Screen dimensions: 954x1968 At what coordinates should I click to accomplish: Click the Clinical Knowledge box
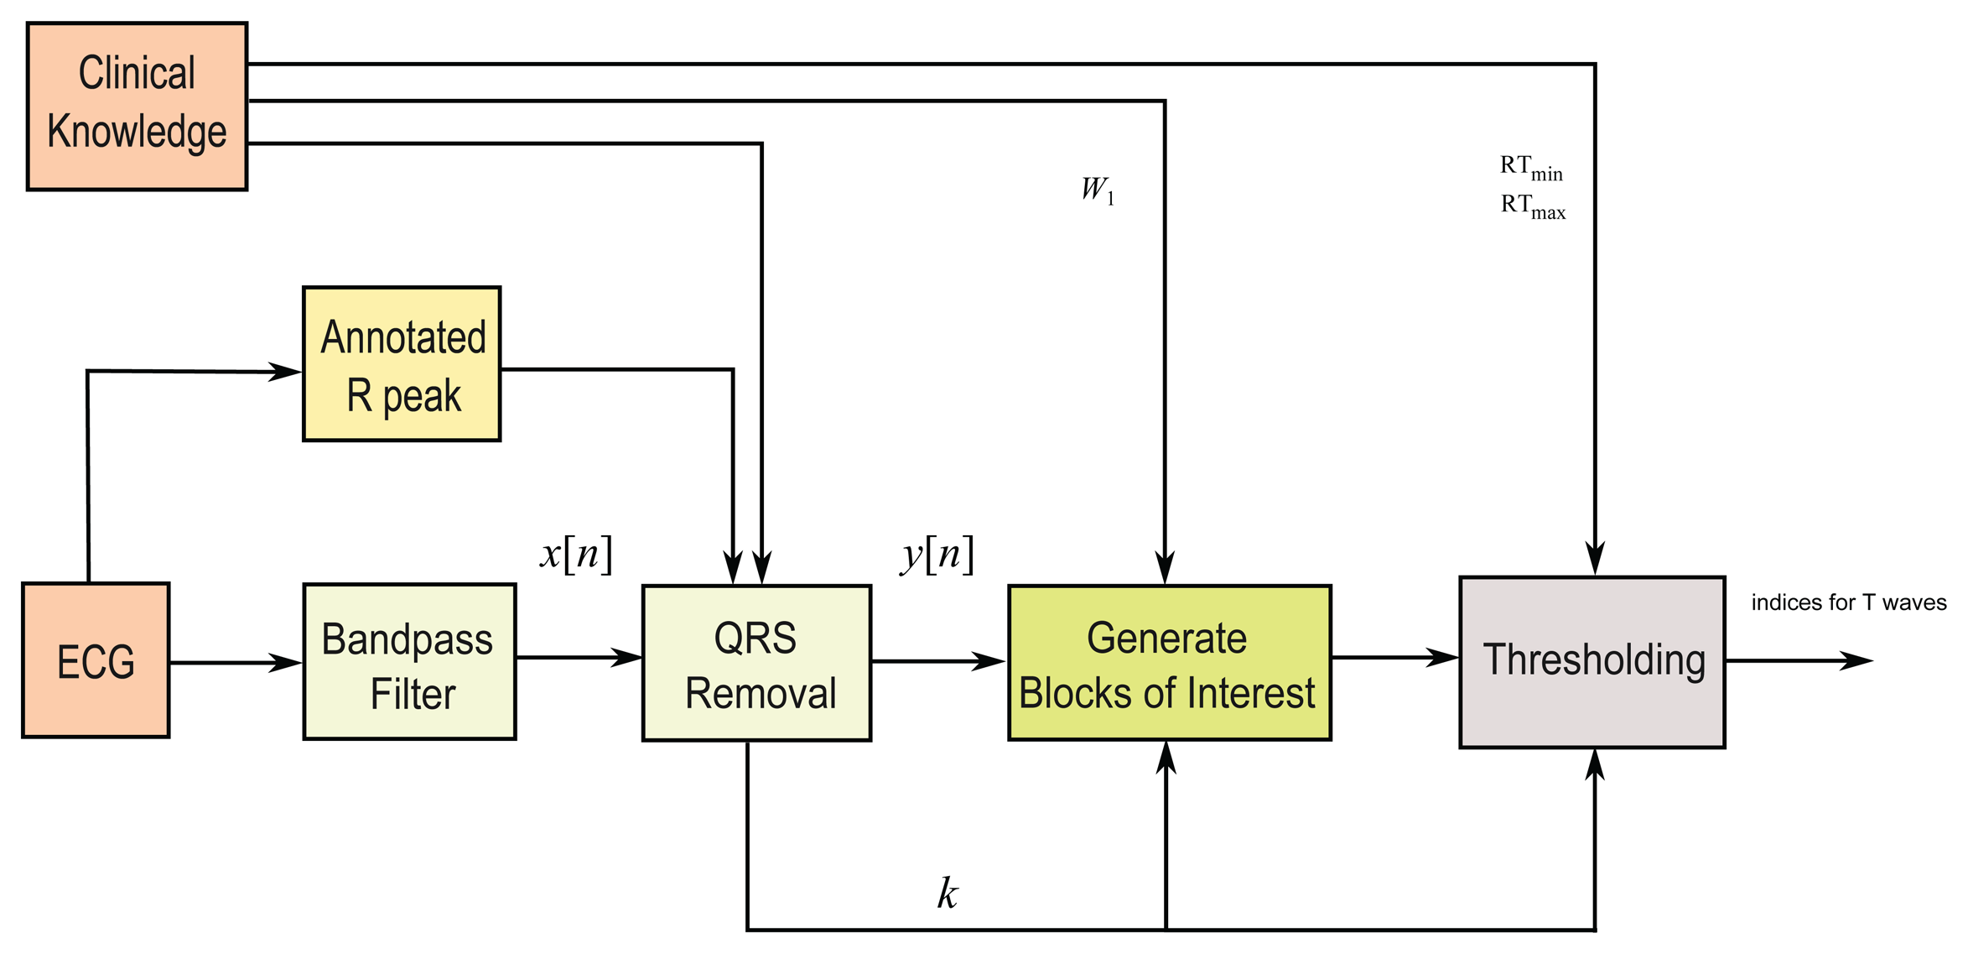pyautogui.click(x=137, y=107)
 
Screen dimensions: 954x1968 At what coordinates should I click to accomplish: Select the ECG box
pyautogui.click(x=96, y=660)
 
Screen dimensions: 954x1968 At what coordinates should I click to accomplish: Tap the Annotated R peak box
pyautogui.click(x=402, y=364)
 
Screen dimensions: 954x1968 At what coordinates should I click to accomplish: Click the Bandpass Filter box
pyautogui.click(x=409, y=662)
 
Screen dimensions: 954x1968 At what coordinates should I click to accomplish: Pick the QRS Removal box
pyautogui.click(x=756, y=663)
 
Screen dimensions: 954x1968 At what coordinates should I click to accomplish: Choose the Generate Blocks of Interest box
pyautogui.click(x=1169, y=663)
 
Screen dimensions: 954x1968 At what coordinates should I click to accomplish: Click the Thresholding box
pyautogui.click(x=1592, y=662)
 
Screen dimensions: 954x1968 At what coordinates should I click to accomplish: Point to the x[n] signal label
pyautogui.click(x=576, y=555)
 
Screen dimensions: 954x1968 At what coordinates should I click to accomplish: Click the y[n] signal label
pyautogui.click(x=937, y=555)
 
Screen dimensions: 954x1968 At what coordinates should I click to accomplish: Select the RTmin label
pyautogui.click(x=1531, y=168)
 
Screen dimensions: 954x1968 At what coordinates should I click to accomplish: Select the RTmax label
pyautogui.click(x=1533, y=206)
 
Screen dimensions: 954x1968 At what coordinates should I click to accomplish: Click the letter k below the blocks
pyautogui.click(x=948, y=894)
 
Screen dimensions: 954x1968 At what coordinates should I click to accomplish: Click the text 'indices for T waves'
pyautogui.click(x=1848, y=602)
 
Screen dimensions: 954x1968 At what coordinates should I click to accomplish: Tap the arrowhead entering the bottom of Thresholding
pyautogui.click(x=1595, y=764)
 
